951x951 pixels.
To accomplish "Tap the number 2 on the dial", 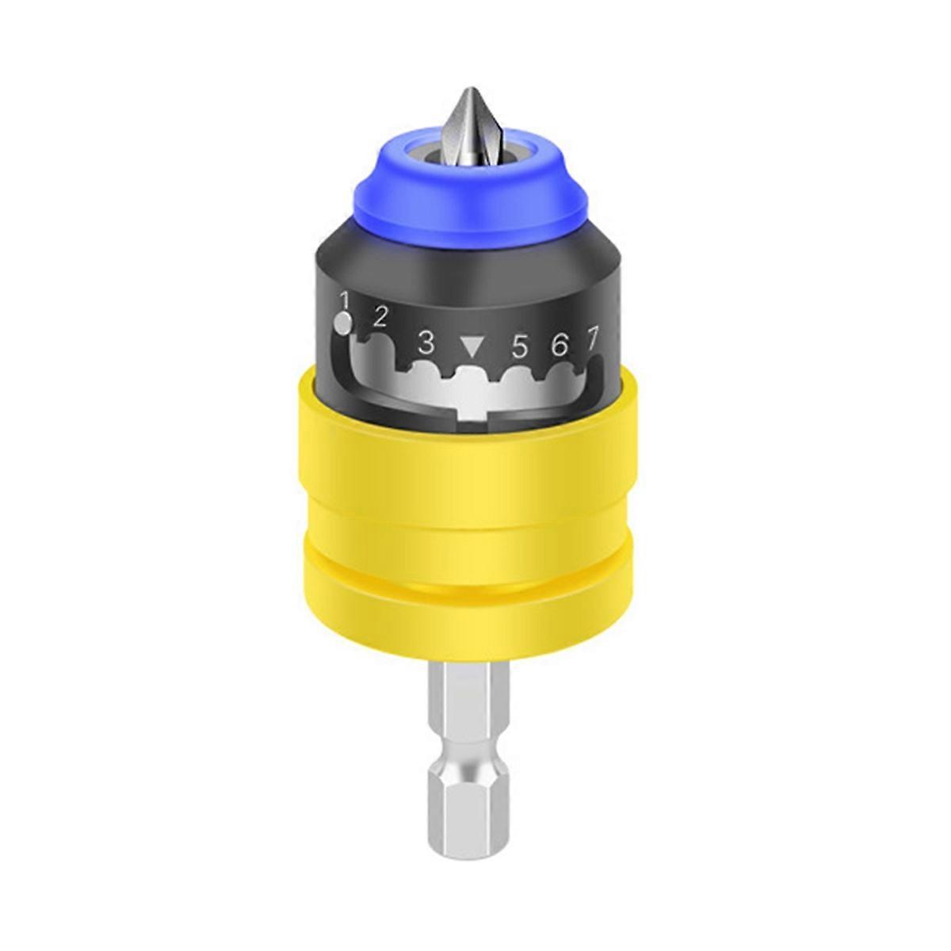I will click(x=380, y=318).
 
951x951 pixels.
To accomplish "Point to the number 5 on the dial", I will click(x=520, y=346).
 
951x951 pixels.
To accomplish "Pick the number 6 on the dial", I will click(x=560, y=345).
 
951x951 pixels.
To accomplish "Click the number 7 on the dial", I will click(x=592, y=339).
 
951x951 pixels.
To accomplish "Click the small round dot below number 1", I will click(x=342, y=324).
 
